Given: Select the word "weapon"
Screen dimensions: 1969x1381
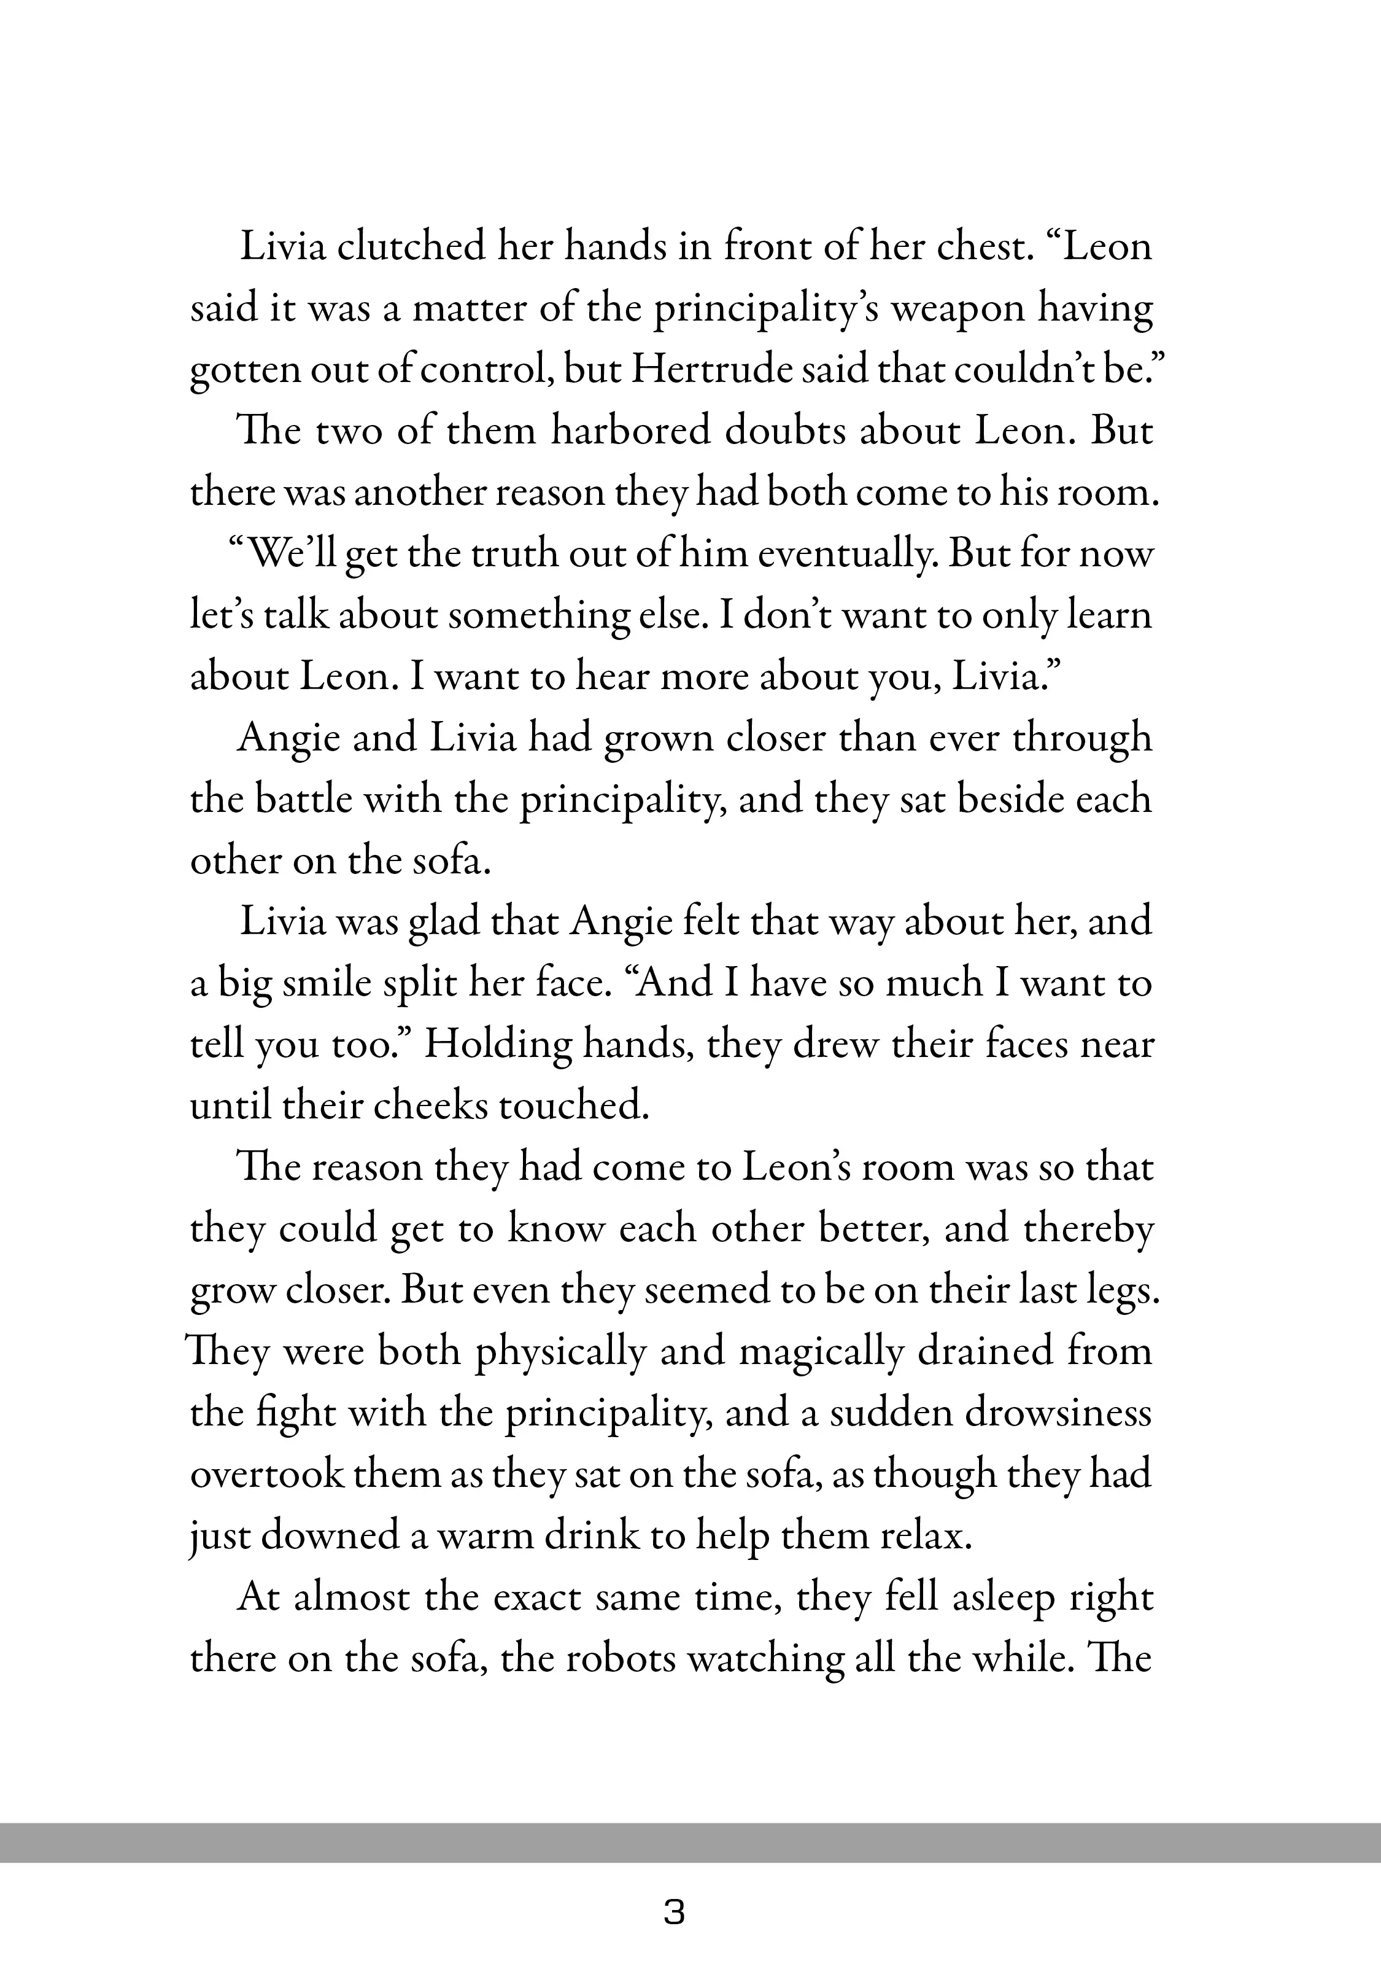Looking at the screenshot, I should (956, 309).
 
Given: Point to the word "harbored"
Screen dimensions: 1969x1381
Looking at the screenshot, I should (630, 431).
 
